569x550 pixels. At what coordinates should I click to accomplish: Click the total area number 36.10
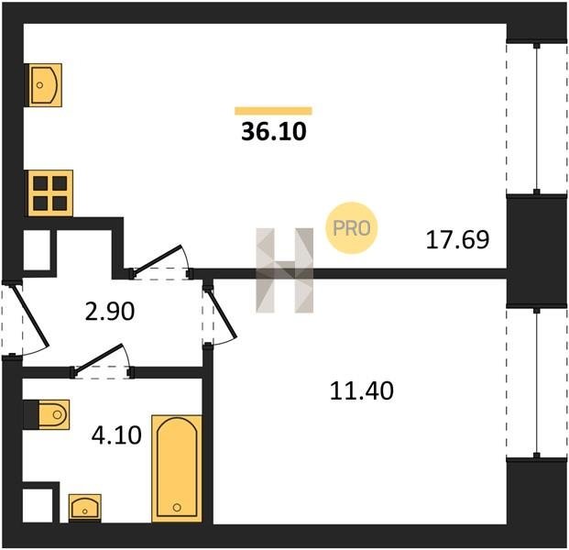pos(274,131)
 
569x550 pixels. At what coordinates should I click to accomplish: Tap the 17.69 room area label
pos(457,239)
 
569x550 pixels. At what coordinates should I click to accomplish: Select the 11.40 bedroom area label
pos(362,391)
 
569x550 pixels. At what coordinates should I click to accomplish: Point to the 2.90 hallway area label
pos(110,312)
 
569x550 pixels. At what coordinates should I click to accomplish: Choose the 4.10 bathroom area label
pos(116,435)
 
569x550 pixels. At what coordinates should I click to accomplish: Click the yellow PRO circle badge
pos(352,228)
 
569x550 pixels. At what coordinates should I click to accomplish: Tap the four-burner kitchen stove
pos(50,193)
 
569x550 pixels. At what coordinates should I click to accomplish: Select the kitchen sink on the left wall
pos(45,85)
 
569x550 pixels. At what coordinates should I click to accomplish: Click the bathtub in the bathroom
pos(177,468)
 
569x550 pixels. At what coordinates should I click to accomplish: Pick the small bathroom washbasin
pos(85,508)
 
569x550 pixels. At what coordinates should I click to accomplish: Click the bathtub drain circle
pos(177,507)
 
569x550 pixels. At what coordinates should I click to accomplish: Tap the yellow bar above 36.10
pos(273,111)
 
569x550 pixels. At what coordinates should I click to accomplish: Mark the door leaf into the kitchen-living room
pos(157,259)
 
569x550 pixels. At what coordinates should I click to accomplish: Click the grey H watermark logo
pos(284,270)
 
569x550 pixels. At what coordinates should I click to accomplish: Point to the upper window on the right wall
pos(536,119)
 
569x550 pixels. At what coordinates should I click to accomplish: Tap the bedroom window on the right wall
pos(536,383)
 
